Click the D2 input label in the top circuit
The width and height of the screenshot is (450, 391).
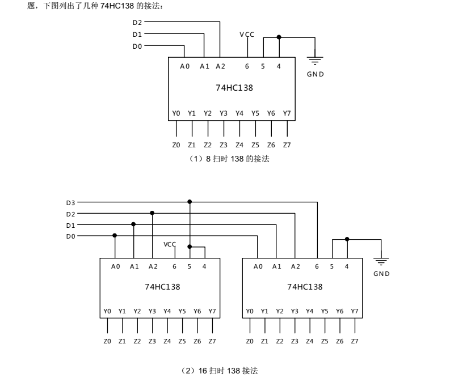[137, 23]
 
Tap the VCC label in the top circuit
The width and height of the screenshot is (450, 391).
[247, 35]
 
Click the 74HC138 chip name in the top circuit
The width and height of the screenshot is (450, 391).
[231, 88]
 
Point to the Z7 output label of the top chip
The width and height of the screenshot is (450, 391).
[287, 145]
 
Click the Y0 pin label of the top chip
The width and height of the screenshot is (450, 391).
[176, 114]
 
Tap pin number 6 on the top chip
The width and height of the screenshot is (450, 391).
[247, 66]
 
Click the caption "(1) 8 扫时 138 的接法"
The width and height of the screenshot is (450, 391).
[229, 159]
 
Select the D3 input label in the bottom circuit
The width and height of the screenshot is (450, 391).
[70, 202]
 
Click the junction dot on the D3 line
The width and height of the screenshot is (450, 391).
[190, 202]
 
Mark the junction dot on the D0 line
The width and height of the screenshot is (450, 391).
[115, 236]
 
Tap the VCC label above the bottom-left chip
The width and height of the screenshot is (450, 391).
[170, 244]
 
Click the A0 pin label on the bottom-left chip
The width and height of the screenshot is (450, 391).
[116, 266]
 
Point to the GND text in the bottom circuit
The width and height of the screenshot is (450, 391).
[381, 274]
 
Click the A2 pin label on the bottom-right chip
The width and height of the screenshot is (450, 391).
[295, 266]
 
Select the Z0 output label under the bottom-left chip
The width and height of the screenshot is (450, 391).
[107, 341]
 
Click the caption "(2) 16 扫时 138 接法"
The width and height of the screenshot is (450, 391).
[219, 370]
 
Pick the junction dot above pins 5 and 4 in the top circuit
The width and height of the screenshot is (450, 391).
[279, 37]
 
